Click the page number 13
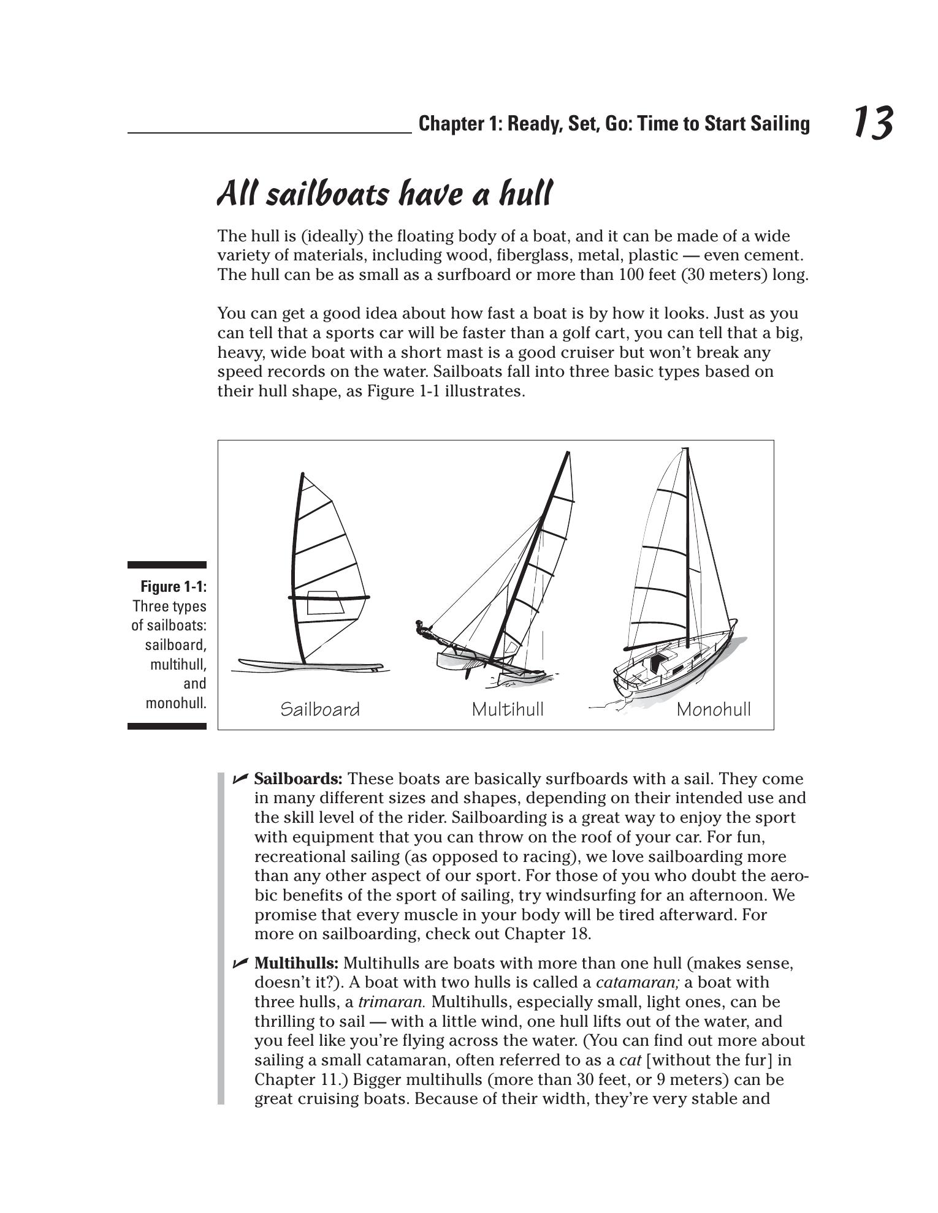[872, 123]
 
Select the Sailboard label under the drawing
[320, 709]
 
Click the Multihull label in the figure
[508, 709]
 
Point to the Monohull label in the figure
[714, 709]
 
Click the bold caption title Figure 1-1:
[173, 586]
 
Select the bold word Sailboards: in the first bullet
[298, 779]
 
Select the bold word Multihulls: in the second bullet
[296, 963]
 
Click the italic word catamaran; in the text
[638, 983]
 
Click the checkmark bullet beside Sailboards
[240, 779]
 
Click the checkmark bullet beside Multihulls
[240, 963]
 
